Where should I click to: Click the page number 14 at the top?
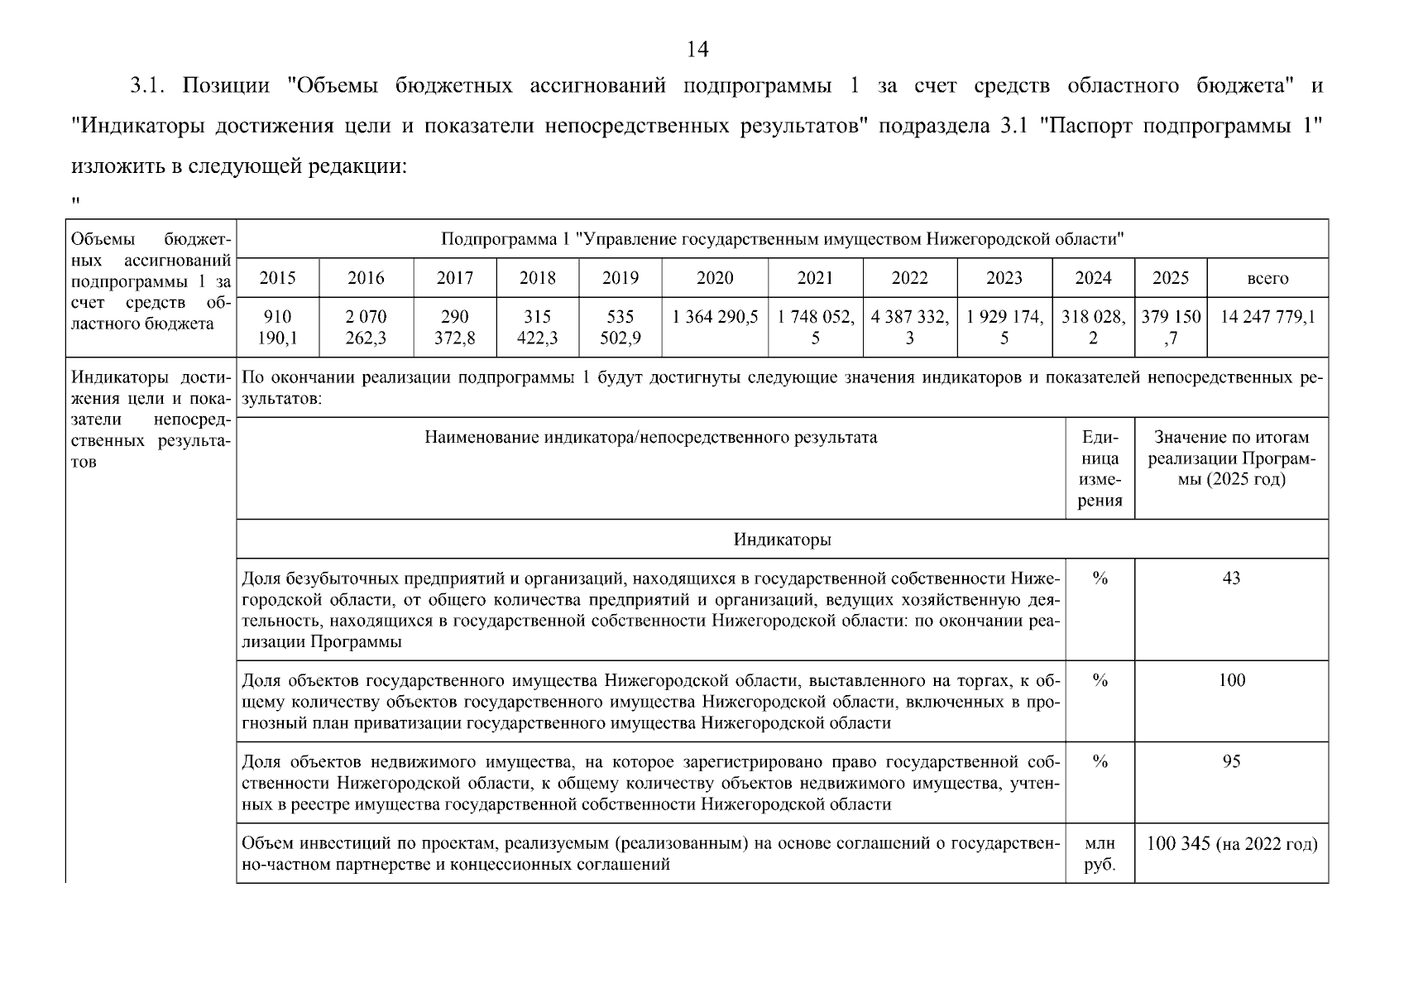point(697,50)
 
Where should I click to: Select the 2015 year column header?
point(277,278)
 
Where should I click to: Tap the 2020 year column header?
point(715,278)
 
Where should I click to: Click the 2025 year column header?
point(1171,278)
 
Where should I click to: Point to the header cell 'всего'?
point(1267,279)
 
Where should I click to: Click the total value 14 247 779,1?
point(1267,317)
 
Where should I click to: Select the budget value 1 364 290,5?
point(715,317)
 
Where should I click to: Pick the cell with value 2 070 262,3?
point(366,327)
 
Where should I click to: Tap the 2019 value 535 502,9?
point(621,327)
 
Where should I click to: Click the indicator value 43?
point(1231,578)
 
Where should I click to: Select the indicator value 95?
point(1231,762)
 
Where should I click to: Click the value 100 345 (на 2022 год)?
point(1231,844)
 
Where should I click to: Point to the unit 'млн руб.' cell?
point(1100,854)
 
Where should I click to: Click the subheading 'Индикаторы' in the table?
point(782,540)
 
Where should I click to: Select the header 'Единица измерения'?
point(1100,468)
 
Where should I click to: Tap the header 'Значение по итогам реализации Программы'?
point(1231,458)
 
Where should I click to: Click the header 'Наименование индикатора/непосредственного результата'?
point(650,437)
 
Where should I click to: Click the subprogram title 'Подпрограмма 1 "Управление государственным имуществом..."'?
point(782,239)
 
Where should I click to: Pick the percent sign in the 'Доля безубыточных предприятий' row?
point(1100,578)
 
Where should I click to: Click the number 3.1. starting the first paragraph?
point(150,86)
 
